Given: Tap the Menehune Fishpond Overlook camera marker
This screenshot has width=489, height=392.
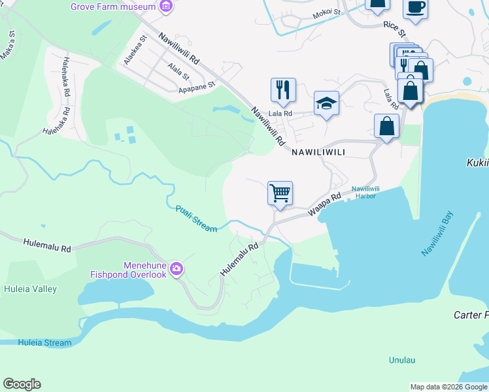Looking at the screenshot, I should (x=176, y=269).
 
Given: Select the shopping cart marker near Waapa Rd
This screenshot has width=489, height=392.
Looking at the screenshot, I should (x=280, y=194).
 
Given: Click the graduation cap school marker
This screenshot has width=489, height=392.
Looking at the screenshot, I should (x=326, y=103).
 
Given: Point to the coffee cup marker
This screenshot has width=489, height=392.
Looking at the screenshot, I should (x=415, y=7).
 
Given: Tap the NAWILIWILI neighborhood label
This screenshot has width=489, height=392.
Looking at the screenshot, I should (x=317, y=152).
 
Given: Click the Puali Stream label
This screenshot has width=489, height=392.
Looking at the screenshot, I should (x=196, y=219).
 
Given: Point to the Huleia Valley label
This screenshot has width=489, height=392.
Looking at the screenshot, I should (x=30, y=289).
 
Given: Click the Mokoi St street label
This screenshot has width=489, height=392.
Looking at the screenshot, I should (x=327, y=12).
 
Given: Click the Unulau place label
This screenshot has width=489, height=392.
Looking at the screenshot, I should (x=402, y=360).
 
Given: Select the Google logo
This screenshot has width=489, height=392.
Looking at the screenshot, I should (x=22, y=384).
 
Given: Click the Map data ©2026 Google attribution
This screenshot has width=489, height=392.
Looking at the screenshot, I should (x=448, y=387).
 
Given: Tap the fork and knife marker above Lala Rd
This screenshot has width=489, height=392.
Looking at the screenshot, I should (x=283, y=90).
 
